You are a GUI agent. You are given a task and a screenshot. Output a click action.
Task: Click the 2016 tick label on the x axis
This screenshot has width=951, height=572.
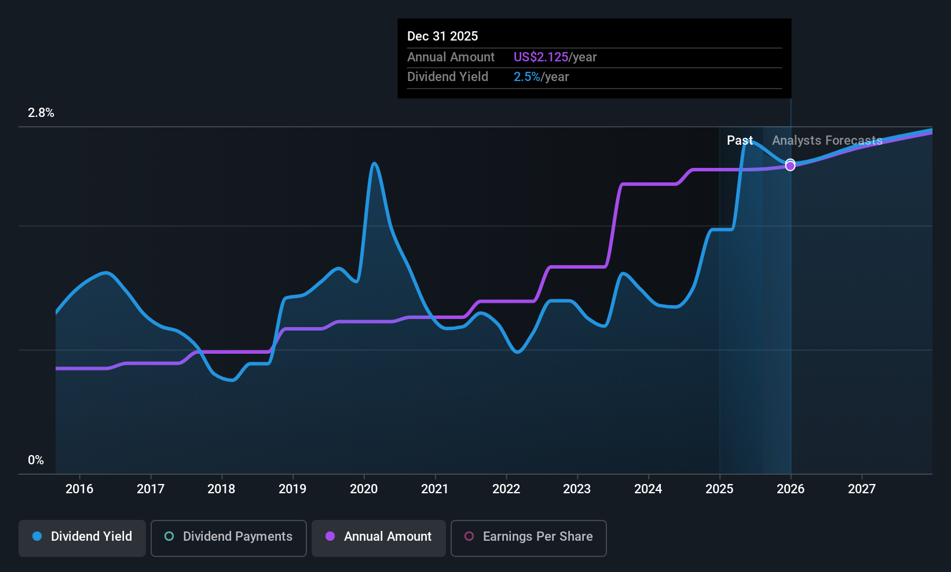click(79, 489)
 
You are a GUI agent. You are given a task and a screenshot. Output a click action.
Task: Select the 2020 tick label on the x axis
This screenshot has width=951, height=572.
click(364, 489)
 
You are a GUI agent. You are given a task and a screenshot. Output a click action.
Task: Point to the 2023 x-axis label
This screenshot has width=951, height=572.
click(577, 489)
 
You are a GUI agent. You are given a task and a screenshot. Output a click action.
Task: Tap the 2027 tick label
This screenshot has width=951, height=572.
click(862, 489)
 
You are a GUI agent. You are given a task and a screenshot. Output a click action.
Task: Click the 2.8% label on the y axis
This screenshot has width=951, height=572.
click(41, 113)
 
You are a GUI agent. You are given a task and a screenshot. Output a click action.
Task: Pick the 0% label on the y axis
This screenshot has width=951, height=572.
click(36, 460)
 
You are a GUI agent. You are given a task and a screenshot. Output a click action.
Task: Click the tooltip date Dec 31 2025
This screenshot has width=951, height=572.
click(442, 36)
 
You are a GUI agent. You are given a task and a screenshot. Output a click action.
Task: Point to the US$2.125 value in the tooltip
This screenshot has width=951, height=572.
click(541, 57)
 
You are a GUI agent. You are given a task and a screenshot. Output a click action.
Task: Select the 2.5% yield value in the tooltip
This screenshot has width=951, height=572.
click(526, 77)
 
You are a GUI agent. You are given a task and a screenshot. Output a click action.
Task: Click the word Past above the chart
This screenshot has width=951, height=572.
click(740, 141)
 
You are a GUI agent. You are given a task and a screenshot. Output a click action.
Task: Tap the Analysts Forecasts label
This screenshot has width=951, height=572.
click(827, 141)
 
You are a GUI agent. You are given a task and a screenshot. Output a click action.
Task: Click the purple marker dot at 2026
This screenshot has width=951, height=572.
click(790, 166)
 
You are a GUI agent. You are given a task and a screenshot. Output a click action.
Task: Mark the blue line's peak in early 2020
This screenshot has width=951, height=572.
click(374, 163)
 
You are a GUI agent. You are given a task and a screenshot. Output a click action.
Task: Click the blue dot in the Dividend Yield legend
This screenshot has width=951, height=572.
click(37, 537)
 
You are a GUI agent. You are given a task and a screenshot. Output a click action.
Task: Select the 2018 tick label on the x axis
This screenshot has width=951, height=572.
click(221, 489)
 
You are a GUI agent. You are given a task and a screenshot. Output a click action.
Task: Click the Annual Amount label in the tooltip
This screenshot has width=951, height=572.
click(451, 57)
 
